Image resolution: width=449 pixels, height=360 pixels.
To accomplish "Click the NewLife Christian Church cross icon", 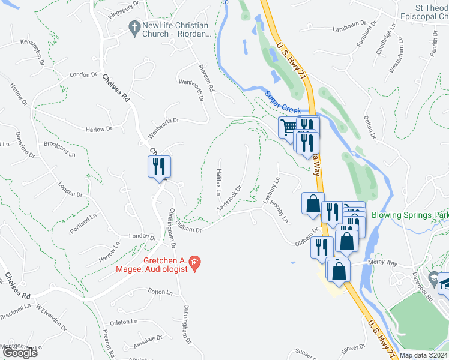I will [x=134, y=27].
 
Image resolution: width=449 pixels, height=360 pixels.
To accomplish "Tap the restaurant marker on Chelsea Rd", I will [x=160, y=167].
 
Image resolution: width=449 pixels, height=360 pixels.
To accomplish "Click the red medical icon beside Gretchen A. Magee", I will [x=194, y=262].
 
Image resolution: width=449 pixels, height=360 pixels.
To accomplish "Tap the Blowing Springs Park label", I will [x=410, y=215].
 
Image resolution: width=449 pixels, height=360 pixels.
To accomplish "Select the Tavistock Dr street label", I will [x=229, y=197].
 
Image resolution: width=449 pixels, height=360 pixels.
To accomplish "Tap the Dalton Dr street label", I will [x=368, y=128].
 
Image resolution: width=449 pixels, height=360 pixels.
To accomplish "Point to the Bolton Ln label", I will [x=160, y=292].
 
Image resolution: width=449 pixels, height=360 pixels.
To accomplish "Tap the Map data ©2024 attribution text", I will [x=423, y=355].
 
